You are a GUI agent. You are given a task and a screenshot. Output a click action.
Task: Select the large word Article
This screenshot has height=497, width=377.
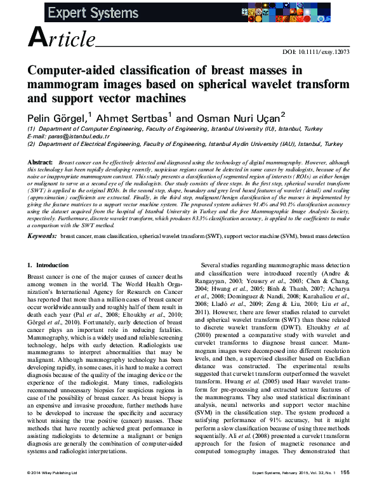point(61,39)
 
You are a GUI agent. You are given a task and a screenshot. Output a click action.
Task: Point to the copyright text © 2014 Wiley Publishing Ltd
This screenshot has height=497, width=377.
point(52,491)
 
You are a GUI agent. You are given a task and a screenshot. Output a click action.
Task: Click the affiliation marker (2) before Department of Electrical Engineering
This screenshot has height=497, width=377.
point(31,144)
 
